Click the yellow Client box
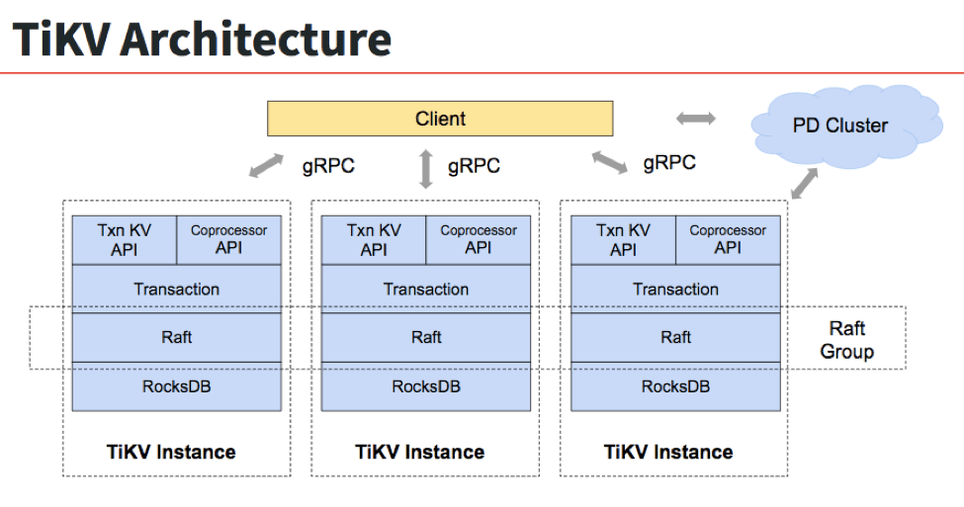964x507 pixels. coord(440,120)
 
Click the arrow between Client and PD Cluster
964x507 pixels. coord(695,119)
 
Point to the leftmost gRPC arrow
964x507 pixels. coord(266,165)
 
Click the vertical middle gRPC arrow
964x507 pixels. coord(426,168)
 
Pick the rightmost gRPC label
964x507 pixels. coord(669,163)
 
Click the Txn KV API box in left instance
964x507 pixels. coord(125,240)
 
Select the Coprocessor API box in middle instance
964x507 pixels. coord(479,240)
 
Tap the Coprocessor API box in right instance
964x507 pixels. coord(728,240)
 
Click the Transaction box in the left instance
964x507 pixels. coord(177,290)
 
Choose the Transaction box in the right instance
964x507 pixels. coord(675,290)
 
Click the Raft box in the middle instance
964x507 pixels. coord(426,338)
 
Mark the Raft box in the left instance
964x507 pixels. coord(177,338)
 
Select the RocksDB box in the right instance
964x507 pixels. coord(675,386)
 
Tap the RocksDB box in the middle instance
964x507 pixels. coord(426,386)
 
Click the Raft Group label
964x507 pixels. coord(847,340)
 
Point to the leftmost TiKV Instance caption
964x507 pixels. coord(171,453)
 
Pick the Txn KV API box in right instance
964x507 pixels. coord(623,240)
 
